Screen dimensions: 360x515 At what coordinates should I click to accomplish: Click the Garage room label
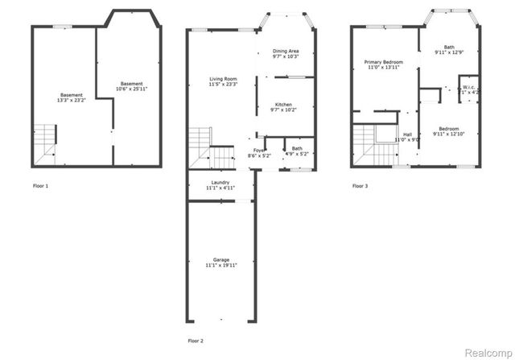[220, 260]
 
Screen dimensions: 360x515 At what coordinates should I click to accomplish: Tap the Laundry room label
[220, 183]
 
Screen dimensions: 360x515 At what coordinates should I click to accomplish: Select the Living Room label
[222, 77]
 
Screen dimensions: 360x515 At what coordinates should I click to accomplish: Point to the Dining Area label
[286, 52]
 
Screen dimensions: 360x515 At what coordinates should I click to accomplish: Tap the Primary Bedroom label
[383, 62]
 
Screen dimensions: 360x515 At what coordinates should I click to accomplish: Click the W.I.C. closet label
[468, 88]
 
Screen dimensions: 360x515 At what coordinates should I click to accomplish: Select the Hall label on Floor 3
[407, 134]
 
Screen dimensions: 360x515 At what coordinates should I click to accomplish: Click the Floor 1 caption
[40, 186]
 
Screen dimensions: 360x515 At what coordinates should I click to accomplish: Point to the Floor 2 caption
[196, 341]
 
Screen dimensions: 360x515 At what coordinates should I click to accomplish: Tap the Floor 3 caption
[360, 186]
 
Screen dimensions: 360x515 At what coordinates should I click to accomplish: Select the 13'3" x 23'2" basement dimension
[71, 101]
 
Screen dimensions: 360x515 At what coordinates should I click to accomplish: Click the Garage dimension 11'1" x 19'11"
[220, 266]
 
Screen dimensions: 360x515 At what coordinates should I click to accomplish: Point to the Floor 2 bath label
[297, 148]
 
